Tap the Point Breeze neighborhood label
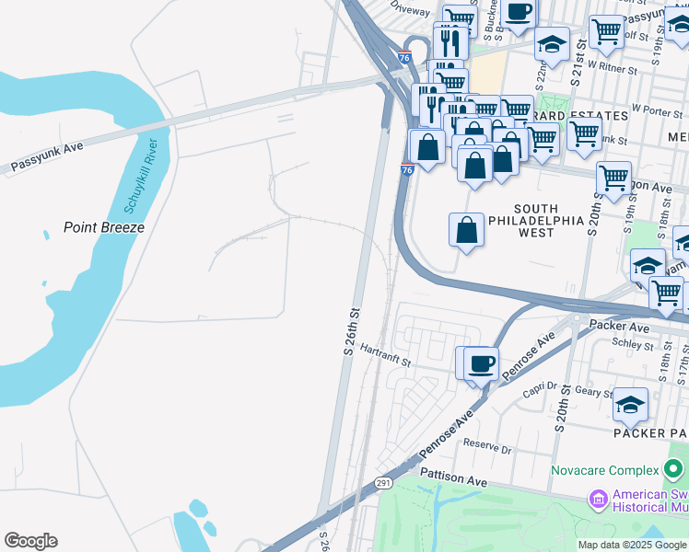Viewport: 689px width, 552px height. (x=104, y=227)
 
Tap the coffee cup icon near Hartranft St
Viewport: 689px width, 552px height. (x=481, y=363)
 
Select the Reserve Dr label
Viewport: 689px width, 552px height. (x=486, y=446)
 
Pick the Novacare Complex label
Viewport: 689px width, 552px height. (x=605, y=471)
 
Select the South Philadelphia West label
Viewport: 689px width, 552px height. (x=535, y=221)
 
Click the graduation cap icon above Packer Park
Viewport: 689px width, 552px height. (x=630, y=404)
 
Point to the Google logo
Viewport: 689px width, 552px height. (x=30, y=541)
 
